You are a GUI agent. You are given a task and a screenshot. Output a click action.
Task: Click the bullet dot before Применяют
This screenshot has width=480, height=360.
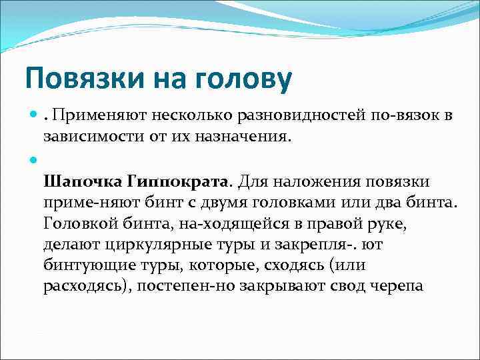tap(33, 116)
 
